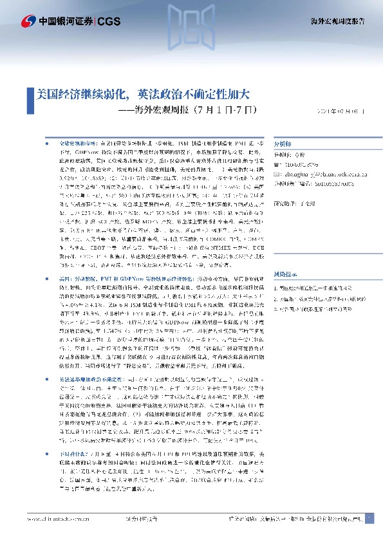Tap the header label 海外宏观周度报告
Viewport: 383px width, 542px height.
pyautogui.click(x=343, y=21)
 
